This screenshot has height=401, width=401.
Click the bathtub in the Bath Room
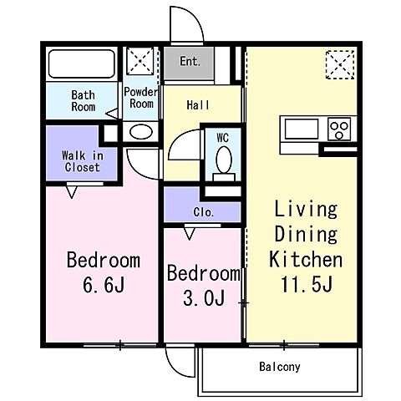[x=81, y=63]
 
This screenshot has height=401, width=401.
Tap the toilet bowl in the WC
[x=224, y=160]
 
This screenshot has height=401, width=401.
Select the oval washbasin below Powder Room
[x=141, y=132]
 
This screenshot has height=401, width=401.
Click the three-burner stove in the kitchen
[x=339, y=129]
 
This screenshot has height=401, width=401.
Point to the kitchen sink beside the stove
[x=302, y=129]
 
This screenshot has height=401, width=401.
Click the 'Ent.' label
[x=190, y=61]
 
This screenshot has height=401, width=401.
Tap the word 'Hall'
[x=198, y=105]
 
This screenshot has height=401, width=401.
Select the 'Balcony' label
[x=280, y=367]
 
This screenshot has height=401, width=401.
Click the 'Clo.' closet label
[x=204, y=212]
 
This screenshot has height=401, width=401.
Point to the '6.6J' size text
[x=104, y=284]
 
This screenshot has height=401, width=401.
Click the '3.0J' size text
[x=204, y=297]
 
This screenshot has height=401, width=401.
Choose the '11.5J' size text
[x=307, y=284]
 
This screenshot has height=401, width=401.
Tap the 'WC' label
[x=222, y=138]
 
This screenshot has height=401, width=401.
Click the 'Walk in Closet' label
[x=83, y=161]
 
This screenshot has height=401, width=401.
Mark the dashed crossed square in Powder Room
[x=140, y=61]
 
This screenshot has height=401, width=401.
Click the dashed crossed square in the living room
[x=340, y=64]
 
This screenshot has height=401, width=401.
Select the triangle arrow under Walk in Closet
[x=72, y=192]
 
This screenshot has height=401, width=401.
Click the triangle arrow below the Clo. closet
[x=190, y=234]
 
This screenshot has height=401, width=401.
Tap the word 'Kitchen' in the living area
[x=306, y=260]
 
